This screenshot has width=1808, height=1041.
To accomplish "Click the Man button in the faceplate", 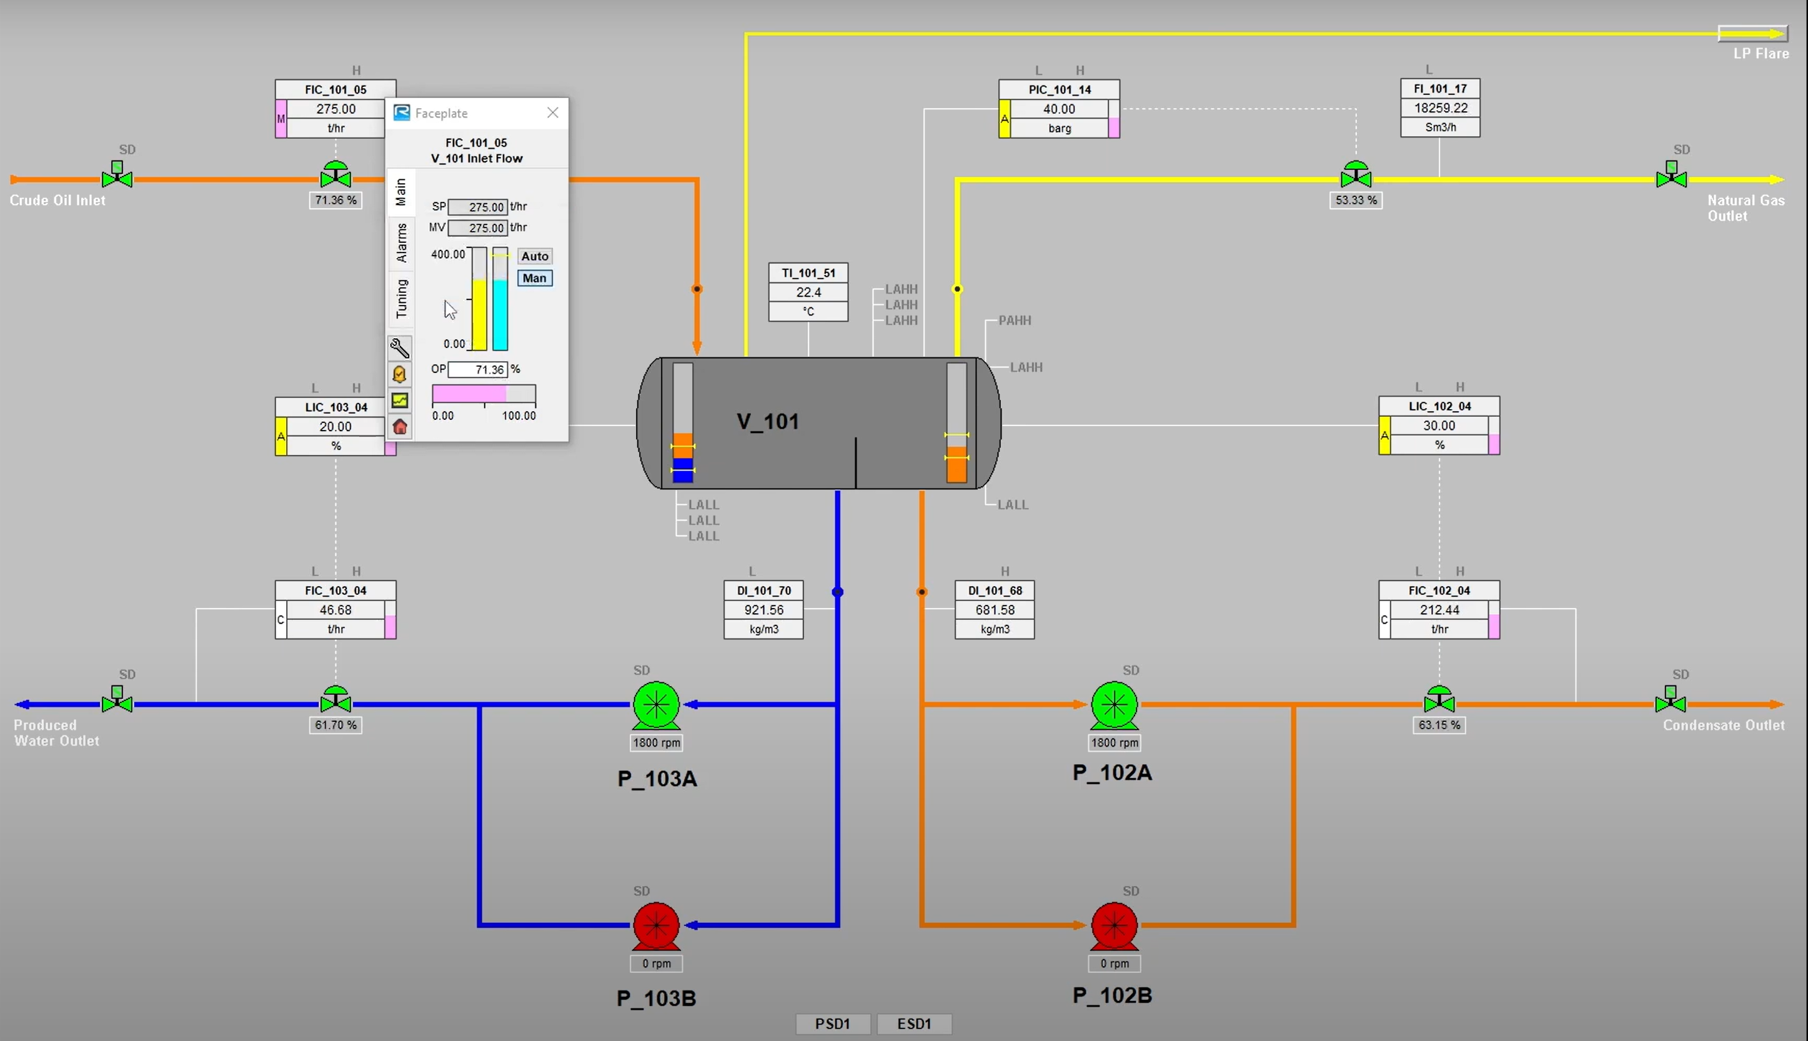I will (x=535, y=278).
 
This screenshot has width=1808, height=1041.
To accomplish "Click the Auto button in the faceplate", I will (x=535, y=256).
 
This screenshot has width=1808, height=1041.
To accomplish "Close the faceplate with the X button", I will (x=552, y=113).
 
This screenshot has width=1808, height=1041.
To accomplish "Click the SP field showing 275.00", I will (x=478, y=207).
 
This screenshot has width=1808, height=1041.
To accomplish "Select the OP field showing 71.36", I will (x=478, y=370).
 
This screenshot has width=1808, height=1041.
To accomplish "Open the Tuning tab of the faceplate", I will (x=401, y=298).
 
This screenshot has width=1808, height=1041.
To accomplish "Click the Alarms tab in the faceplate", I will (x=401, y=242).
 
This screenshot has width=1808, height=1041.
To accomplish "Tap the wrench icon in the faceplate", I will (x=399, y=348).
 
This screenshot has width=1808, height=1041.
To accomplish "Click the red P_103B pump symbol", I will (x=656, y=925).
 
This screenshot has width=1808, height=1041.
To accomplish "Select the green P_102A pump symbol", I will (x=1113, y=705).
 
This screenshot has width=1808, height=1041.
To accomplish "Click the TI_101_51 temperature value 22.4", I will (x=808, y=292).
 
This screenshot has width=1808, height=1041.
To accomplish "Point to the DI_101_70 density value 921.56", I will (x=763, y=610).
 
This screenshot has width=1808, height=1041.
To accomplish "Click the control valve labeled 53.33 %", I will (x=1356, y=176).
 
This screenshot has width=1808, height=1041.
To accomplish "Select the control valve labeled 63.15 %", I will (x=1439, y=700).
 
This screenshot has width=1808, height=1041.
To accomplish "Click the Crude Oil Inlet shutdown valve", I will (x=117, y=176).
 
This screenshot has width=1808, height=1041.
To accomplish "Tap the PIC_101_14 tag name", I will (x=1059, y=89).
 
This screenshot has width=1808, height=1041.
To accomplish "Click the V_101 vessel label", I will (x=768, y=421).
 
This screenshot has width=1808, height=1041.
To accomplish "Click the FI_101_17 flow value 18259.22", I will (x=1440, y=108).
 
